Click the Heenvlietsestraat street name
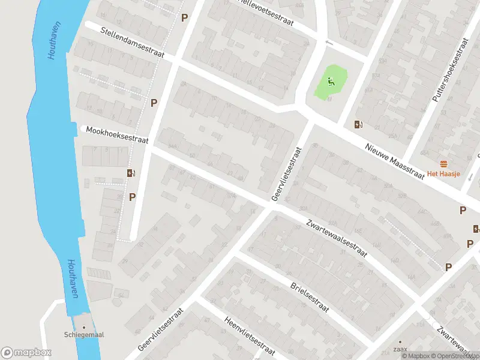[249, 335]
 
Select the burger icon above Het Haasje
[445, 164]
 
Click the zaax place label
[400, 349]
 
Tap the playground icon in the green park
[331, 81]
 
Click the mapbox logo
[26, 353]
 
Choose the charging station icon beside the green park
[358, 125]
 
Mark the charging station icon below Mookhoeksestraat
[131, 173]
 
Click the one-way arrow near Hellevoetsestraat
[328, 43]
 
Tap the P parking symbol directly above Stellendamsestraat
[184, 17]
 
